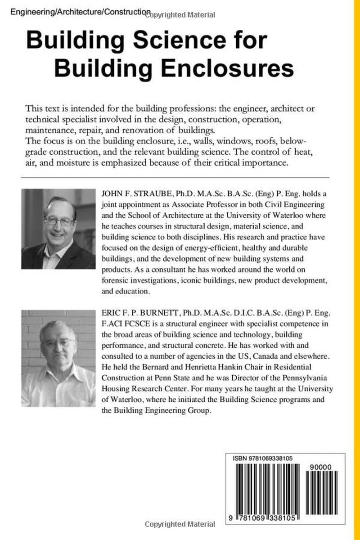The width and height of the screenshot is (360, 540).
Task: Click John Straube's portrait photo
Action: pos(58,229)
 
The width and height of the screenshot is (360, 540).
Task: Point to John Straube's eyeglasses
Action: pos(59,221)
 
